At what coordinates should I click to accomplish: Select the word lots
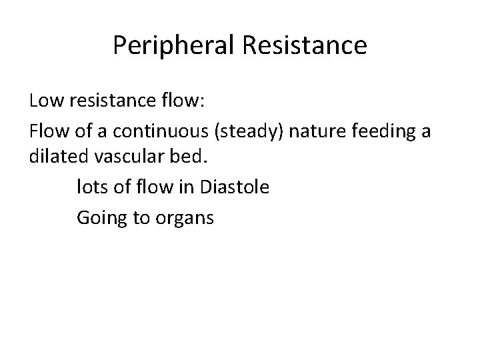click(x=91, y=187)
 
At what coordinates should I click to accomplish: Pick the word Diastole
click(x=233, y=187)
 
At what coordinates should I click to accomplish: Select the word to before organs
click(x=141, y=217)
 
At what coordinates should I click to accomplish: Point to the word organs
click(x=185, y=217)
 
